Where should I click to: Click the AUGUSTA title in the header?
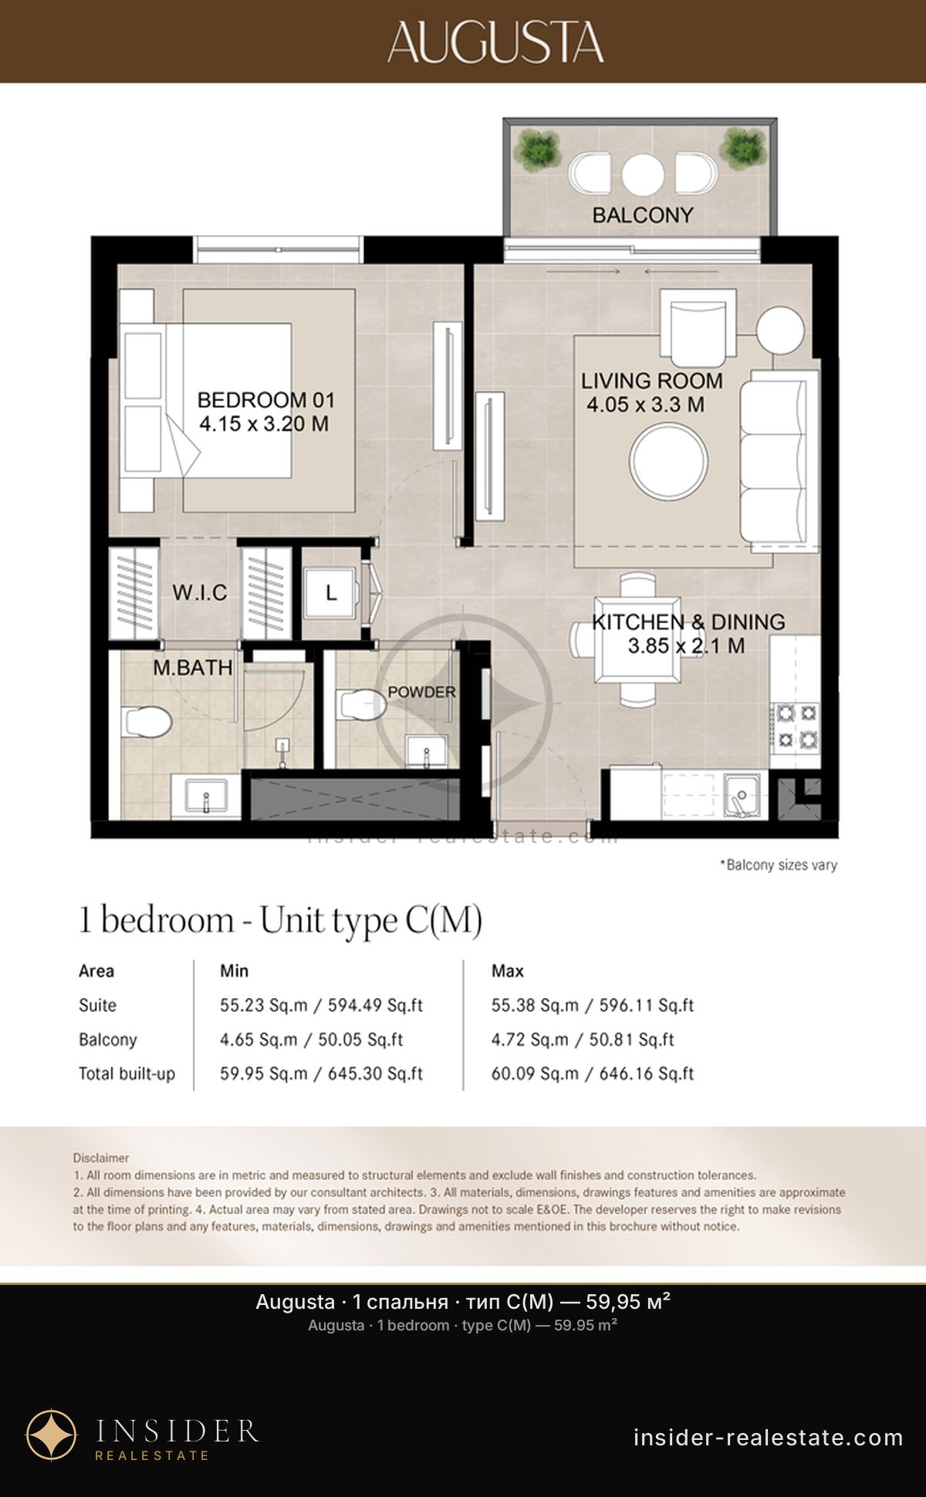click(495, 42)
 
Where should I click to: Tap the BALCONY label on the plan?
click(643, 215)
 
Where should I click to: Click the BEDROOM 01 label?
click(266, 400)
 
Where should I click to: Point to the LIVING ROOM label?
click(652, 380)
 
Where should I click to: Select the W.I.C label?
click(200, 592)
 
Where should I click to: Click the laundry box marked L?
click(331, 592)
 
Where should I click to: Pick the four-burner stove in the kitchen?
click(796, 727)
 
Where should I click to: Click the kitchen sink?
click(742, 795)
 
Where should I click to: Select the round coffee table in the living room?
click(668, 461)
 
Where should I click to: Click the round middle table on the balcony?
click(643, 174)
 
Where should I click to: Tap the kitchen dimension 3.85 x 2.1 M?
click(686, 646)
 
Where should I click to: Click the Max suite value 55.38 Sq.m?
click(535, 1006)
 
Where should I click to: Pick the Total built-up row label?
click(127, 1074)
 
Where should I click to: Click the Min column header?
click(234, 971)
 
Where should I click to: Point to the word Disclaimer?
click(101, 1158)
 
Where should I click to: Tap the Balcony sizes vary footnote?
click(779, 865)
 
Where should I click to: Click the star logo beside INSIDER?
click(52, 1435)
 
